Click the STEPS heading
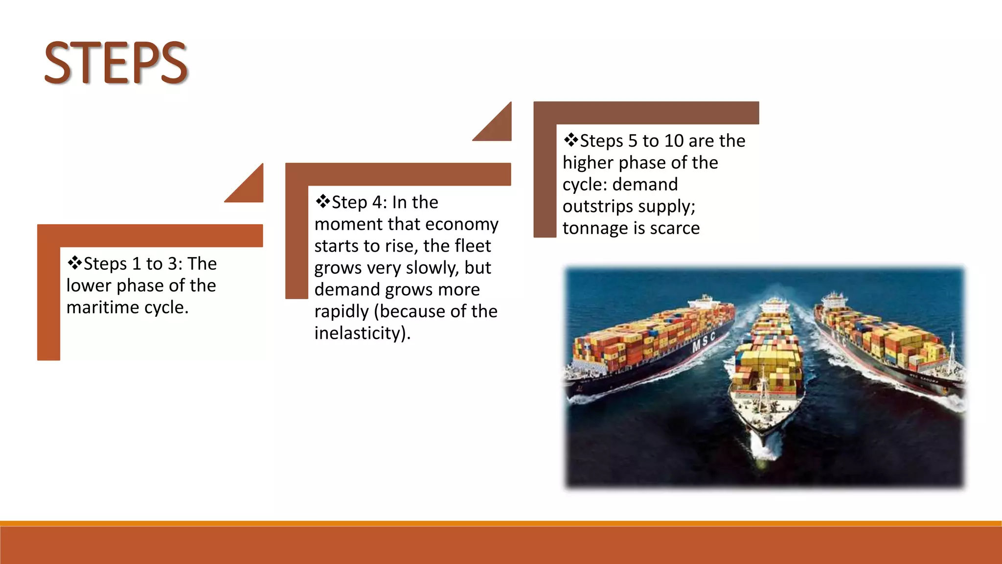pos(116,63)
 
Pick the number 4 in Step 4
pos(377,202)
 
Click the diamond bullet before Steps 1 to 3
pos(75,263)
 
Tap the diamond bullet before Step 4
pos(323,201)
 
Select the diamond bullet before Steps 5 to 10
pos(571,140)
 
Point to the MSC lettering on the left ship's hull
pos(704,342)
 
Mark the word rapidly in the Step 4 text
pos(342,312)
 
